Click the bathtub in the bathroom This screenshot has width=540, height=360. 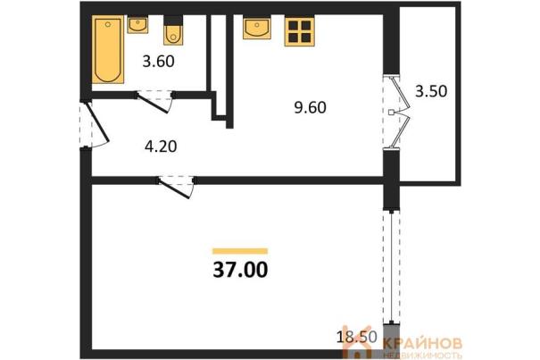point(108,50)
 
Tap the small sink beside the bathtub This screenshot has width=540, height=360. point(137,24)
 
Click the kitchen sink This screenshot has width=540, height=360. point(256,28)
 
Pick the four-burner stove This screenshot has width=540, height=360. point(299,32)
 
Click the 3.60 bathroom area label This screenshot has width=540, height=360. point(158,62)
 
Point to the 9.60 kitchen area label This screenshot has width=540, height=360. point(310,107)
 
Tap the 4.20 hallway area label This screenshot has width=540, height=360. point(161,147)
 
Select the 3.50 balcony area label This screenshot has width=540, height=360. point(431,91)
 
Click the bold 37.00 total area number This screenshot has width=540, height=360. point(240,270)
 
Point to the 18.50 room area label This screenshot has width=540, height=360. point(357,337)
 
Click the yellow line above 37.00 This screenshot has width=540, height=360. point(240,251)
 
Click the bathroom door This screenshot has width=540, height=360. point(153,103)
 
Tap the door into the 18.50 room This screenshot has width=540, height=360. point(175,188)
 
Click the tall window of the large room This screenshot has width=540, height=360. point(392,266)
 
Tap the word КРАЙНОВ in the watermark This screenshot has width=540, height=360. point(422,343)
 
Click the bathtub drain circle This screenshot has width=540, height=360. point(108,24)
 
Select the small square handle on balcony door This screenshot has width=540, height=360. point(391,113)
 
